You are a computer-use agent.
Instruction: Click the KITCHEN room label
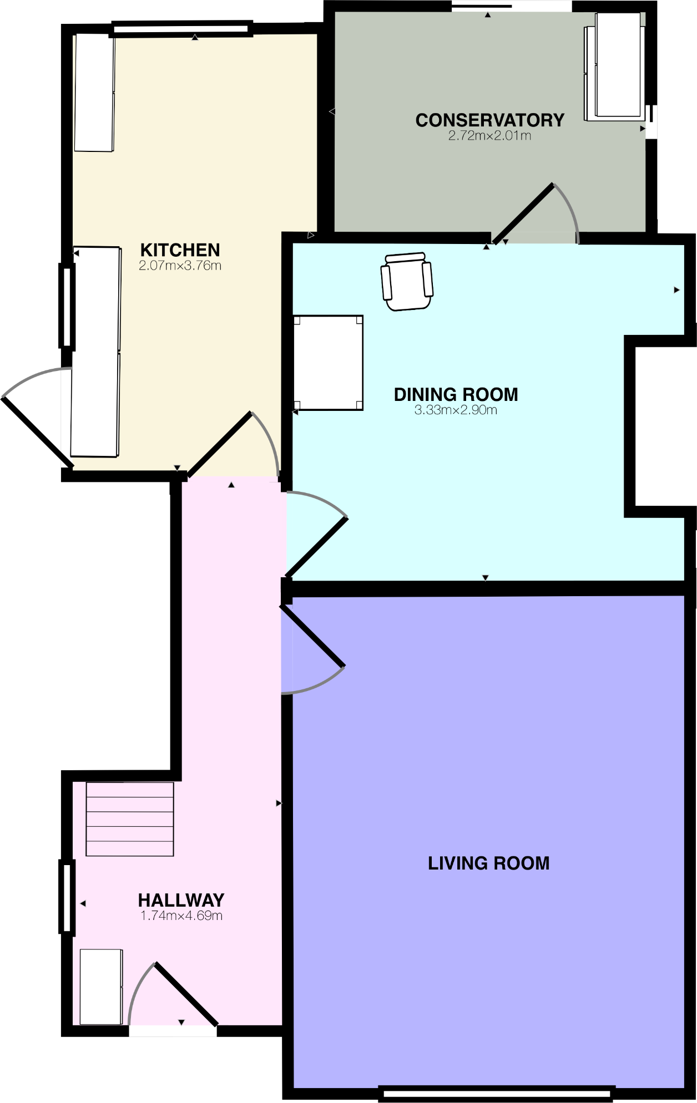point(180,250)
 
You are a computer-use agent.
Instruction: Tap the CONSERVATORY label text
point(489,120)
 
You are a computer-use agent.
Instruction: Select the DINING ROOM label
point(456,394)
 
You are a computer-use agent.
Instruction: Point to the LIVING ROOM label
point(488,863)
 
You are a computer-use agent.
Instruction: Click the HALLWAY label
point(181,900)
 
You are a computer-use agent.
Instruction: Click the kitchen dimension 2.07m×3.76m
point(180,266)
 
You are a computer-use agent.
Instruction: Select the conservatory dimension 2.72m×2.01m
point(489,136)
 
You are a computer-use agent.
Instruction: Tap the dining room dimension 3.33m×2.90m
point(456,410)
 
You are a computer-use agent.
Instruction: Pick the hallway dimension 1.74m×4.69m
point(181,916)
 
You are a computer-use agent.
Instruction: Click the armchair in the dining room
point(407,281)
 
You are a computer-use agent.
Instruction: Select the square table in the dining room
point(328,363)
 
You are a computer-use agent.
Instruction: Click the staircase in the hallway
point(130,819)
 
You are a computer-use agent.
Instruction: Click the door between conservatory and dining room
point(524,213)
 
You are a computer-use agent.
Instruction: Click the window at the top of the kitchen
point(181,28)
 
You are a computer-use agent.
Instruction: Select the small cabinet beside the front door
point(100,987)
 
